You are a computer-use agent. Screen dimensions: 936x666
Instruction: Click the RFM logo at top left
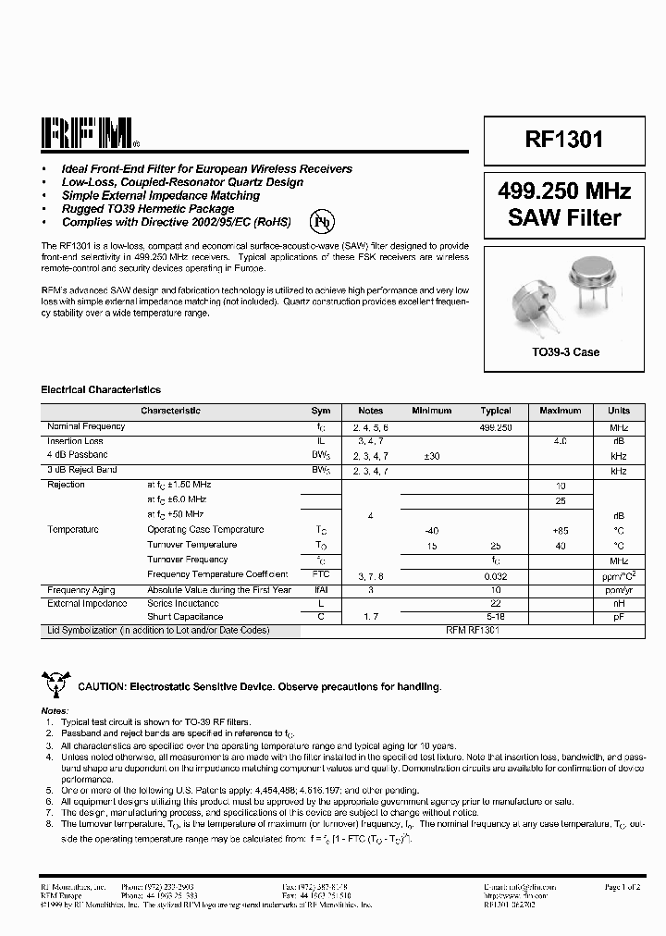click(x=89, y=134)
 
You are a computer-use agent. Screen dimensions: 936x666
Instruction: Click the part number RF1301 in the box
click(x=563, y=140)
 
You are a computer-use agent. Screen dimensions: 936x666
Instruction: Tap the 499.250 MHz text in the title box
click(x=563, y=191)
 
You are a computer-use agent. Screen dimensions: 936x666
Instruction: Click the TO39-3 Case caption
click(x=564, y=352)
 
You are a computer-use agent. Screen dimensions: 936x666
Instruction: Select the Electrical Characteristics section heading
click(x=101, y=390)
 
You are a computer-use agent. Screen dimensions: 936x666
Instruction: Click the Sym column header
click(x=321, y=411)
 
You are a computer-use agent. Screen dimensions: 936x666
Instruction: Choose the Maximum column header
click(x=560, y=411)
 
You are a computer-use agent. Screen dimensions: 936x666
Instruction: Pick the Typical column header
click(x=496, y=411)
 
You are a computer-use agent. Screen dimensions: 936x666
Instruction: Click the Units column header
click(x=619, y=411)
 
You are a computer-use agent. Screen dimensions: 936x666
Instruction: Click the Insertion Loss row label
click(x=75, y=441)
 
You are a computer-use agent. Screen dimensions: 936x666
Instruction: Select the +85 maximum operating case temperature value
click(x=560, y=530)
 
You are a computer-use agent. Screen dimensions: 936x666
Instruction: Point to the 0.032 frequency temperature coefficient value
click(x=497, y=574)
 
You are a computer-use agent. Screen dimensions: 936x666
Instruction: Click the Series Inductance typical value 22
click(x=497, y=603)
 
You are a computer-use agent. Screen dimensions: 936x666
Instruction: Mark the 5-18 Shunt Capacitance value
click(x=497, y=617)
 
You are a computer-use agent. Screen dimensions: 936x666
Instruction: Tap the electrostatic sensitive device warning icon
click(x=55, y=684)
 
